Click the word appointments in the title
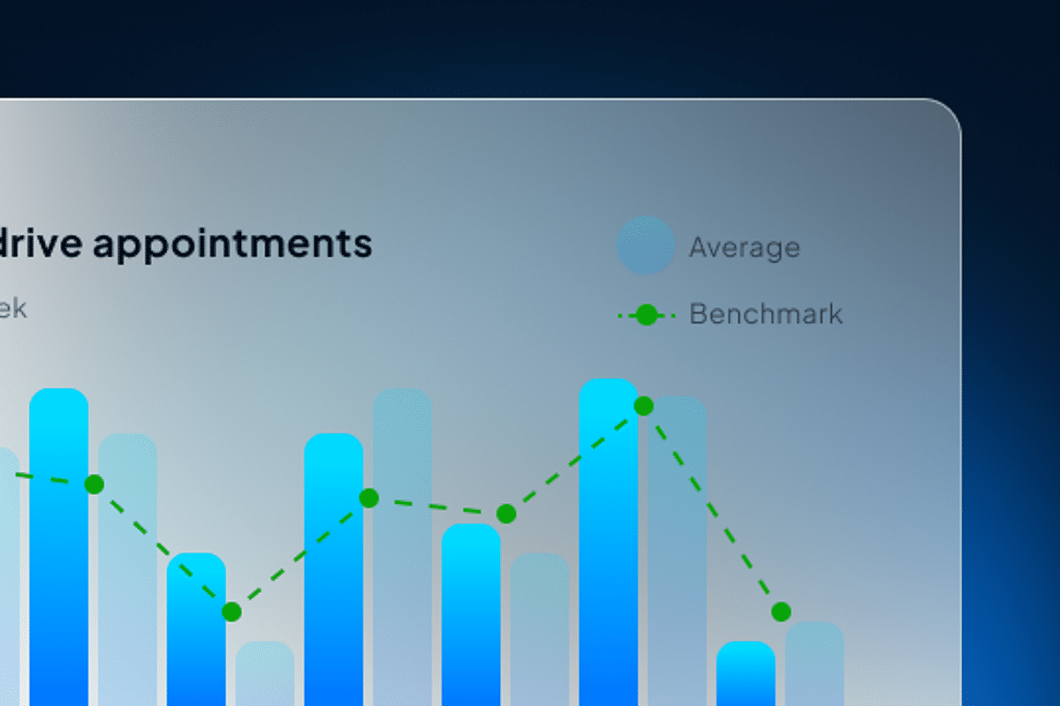coord(232,244)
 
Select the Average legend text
coord(745,248)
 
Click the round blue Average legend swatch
coord(646,245)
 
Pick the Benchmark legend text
coord(766,314)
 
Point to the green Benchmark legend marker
coord(647,314)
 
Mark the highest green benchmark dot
coord(644,406)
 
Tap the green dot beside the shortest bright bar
coord(781,612)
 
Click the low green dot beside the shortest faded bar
coord(231,612)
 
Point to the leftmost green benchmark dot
coord(95,484)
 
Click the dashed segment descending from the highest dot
coord(712,508)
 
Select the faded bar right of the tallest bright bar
coord(678,547)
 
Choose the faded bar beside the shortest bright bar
coord(814,664)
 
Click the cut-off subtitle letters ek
coord(12,309)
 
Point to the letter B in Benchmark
coord(697,314)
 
